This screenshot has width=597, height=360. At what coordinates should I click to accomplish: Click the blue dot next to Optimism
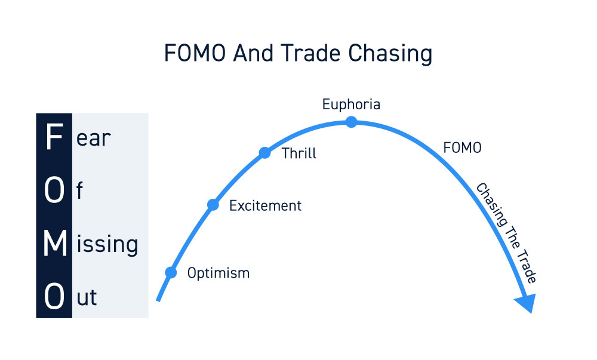point(171,272)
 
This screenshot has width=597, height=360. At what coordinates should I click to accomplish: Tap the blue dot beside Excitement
point(213,205)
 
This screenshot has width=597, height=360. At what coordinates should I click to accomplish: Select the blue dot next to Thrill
point(264,153)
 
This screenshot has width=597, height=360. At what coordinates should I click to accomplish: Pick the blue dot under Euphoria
point(351,122)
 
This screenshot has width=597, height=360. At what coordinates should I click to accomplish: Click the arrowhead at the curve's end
point(527,302)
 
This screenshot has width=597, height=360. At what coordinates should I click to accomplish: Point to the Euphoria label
point(351,104)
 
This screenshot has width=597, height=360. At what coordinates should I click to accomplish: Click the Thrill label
point(299,153)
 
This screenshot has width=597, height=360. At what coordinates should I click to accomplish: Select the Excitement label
point(265,206)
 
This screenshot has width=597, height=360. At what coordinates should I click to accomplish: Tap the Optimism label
point(219,273)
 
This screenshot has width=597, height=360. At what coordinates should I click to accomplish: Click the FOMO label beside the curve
point(462,147)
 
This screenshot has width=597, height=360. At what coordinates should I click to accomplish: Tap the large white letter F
point(54,137)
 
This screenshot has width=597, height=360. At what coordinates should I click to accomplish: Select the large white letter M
point(55,243)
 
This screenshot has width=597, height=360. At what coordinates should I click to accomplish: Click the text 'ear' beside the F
point(93,138)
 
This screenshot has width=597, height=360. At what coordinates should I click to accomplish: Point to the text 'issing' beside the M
point(107,244)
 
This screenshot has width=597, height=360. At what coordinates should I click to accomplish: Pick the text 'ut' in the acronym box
point(87,297)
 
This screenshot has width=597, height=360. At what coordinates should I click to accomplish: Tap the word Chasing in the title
point(390,54)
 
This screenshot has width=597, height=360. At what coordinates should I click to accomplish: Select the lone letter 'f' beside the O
point(79,190)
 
